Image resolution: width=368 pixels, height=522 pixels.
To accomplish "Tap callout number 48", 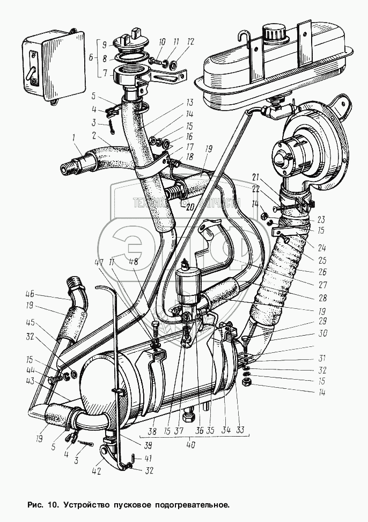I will click(134, 263).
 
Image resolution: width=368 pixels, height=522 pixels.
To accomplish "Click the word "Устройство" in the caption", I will click(88, 505).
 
